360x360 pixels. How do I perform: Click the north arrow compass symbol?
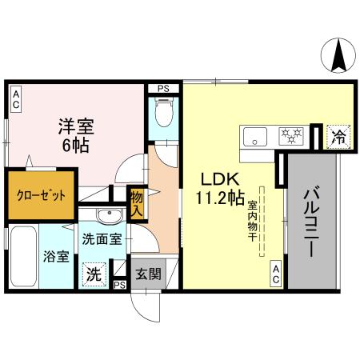pos(338,56)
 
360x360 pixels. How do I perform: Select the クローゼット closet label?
pos(38,194)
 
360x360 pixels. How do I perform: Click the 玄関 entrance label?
pos(147,273)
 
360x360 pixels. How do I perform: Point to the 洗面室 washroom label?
pos(102,238)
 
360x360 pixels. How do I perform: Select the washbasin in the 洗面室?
pos(104,216)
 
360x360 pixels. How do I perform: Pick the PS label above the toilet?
pos(163,89)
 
